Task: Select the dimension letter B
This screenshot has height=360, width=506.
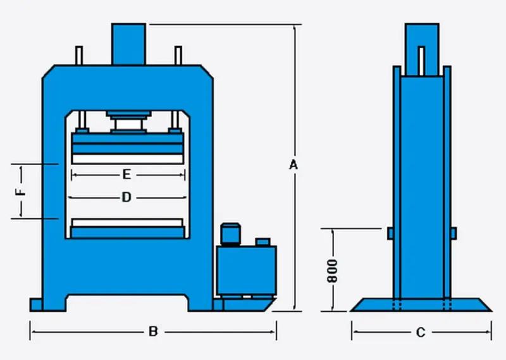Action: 152,331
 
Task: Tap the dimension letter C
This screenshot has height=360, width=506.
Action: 421,332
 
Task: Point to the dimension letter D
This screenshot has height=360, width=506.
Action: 126,197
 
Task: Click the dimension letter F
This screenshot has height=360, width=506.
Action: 21,192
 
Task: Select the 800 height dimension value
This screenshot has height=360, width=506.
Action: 333,270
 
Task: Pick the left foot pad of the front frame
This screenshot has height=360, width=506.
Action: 37,306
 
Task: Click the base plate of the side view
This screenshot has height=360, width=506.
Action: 421,305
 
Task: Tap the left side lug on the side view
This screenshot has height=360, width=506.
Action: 390,233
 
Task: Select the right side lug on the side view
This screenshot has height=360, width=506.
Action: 453,233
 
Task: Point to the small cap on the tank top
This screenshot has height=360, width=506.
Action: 262,242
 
